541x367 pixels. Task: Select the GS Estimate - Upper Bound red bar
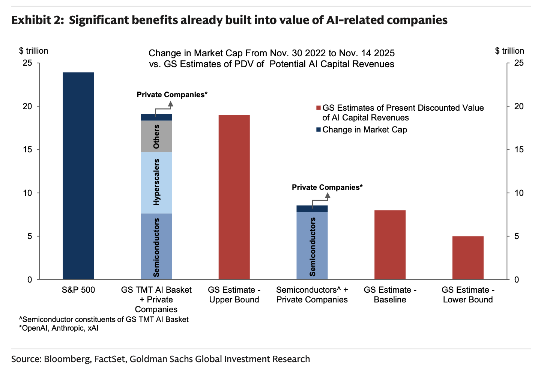point(234,197)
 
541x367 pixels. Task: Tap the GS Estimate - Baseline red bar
point(390,245)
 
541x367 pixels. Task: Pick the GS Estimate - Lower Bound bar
point(468,258)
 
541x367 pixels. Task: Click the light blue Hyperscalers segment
point(156,183)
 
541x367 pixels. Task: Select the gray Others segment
point(156,136)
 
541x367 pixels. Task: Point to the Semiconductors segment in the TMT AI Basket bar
point(156,247)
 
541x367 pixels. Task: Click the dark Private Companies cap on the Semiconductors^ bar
point(312,209)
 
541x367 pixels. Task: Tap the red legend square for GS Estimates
point(319,108)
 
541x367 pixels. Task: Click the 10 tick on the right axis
point(519,193)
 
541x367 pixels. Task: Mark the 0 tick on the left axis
point(30,280)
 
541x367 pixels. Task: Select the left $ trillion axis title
point(34,51)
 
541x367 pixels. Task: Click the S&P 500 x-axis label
point(78,290)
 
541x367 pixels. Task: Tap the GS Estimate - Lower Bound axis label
point(468,295)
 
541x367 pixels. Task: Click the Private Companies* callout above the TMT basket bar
point(172,95)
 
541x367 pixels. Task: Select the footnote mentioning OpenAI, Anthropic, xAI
point(59,328)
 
